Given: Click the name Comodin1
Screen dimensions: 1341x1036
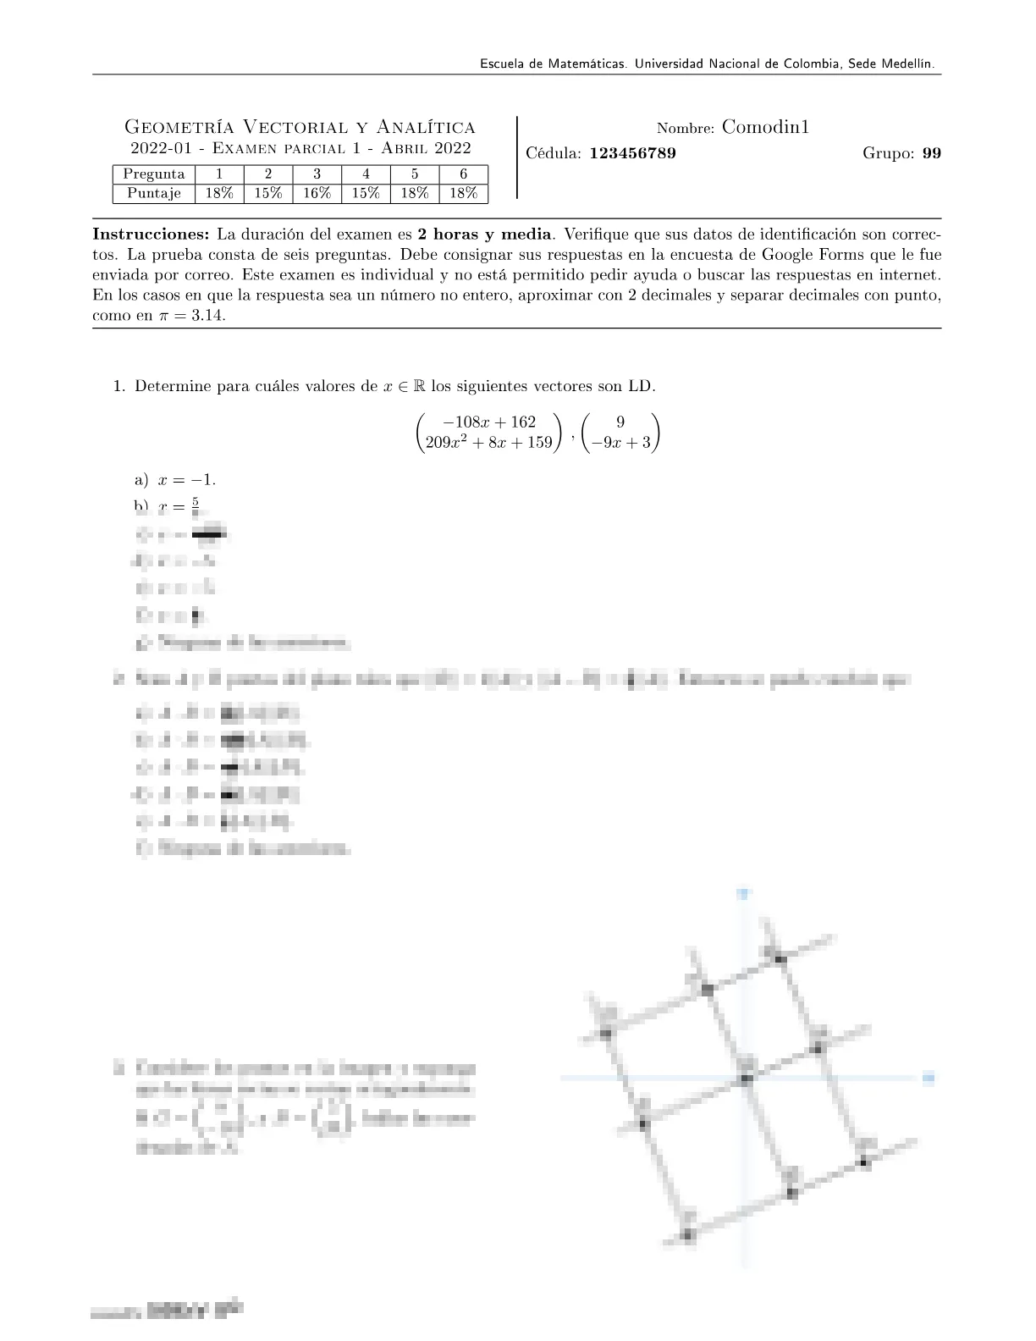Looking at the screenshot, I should coord(766,128).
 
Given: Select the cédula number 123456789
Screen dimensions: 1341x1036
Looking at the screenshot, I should coord(632,153).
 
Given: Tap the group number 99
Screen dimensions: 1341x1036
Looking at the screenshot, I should coord(931,153).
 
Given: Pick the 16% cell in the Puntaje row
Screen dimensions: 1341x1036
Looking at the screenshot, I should coord(317,193).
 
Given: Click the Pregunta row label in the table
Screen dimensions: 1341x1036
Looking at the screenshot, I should coord(154,174).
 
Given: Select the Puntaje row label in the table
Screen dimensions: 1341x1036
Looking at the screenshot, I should coord(154,193).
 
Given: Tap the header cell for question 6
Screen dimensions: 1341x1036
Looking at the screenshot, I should coord(464,174).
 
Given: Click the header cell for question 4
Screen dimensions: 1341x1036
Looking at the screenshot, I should coord(366,174).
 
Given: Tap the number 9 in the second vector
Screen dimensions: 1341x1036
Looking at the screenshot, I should coord(620,422).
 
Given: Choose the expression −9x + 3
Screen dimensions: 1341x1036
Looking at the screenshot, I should coord(620,442).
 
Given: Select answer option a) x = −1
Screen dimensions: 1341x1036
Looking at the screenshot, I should coord(175,479).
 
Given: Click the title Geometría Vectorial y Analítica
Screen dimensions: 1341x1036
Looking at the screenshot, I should coord(300,128).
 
